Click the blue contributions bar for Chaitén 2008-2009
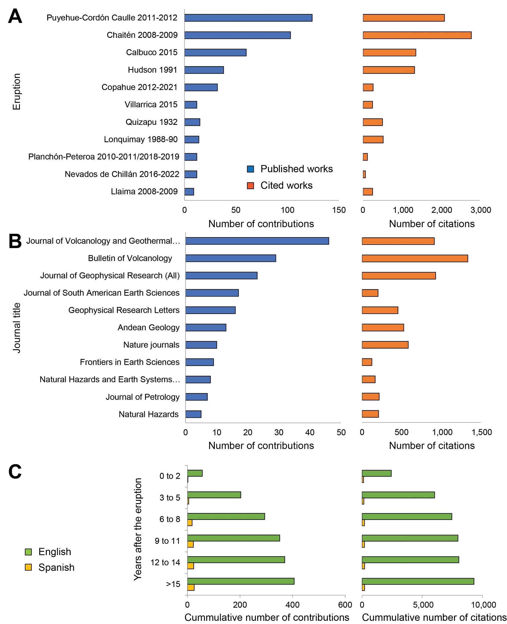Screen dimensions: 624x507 [237, 35]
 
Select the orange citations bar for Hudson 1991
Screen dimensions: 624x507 [388, 70]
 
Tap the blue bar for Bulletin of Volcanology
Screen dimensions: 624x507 [230, 258]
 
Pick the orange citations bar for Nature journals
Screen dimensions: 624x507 [385, 345]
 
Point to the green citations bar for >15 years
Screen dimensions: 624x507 [418, 581]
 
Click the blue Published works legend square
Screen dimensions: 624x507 [250, 169]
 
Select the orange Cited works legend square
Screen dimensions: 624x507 [250, 186]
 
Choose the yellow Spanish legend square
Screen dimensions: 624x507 [28, 567]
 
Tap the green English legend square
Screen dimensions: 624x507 [28, 552]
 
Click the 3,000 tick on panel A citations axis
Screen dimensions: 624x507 [481, 210]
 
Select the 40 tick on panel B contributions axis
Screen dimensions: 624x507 [310, 433]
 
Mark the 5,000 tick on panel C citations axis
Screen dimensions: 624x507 [423, 605]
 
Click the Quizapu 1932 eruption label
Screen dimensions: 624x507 [151, 122]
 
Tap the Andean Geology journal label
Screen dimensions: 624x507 [148, 328]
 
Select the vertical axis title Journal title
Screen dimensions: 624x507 [17, 328]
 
